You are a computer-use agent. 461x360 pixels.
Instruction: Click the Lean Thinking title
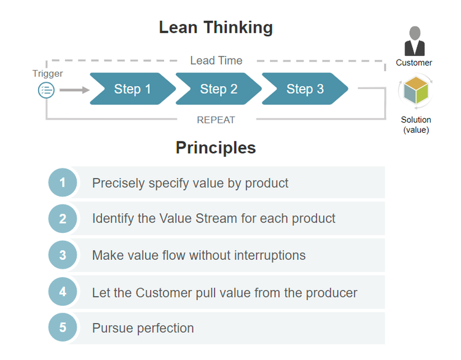[216, 28]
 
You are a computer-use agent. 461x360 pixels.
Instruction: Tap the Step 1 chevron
[132, 89]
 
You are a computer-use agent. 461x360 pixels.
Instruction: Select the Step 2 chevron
[218, 89]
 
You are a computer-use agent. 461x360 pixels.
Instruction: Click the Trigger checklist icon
[47, 90]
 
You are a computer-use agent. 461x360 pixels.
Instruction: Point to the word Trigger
[47, 74]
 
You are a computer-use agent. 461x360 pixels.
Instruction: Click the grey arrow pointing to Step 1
[74, 90]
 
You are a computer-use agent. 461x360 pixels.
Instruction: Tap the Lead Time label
[216, 60]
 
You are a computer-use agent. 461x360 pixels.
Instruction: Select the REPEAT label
[216, 120]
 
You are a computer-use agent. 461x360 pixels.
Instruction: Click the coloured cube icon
[416, 91]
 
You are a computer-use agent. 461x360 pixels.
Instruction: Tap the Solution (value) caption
[416, 125]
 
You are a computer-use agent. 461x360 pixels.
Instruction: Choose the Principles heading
[216, 147]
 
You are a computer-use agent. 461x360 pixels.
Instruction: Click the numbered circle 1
[63, 182]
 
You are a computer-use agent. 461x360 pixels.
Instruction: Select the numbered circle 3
[63, 255]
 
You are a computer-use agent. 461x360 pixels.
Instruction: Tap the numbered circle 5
[63, 328]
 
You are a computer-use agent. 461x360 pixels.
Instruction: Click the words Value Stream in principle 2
[190, 219]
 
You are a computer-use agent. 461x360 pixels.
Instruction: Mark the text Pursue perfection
[143, 328]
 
